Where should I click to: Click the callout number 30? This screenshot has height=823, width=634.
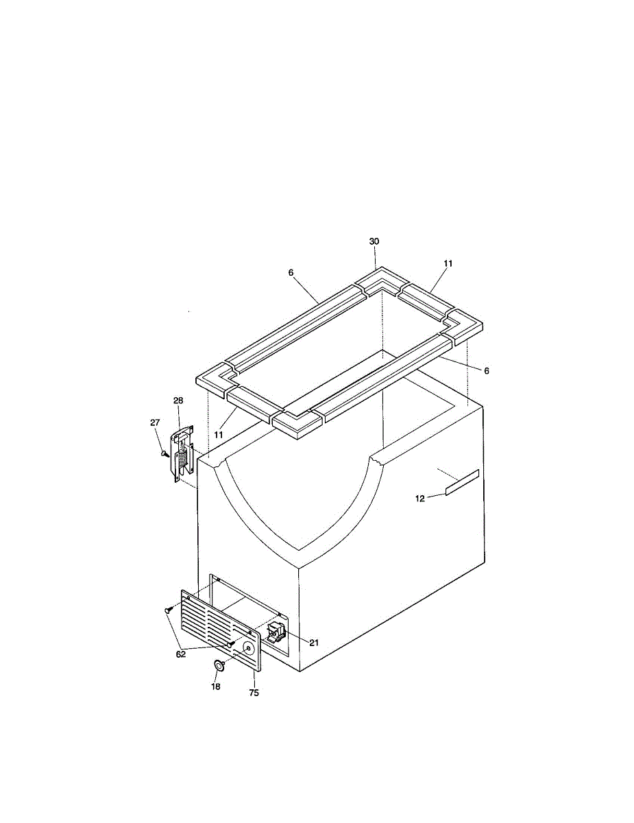click(374, 241)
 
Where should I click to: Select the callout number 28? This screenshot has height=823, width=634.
click(178, 401)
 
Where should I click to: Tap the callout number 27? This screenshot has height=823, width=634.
click(155, 422)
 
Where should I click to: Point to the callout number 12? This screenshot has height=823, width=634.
click(420, 499)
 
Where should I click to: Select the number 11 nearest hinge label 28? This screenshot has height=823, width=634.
click(219, 435)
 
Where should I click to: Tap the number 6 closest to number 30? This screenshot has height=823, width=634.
click(291, 273)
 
